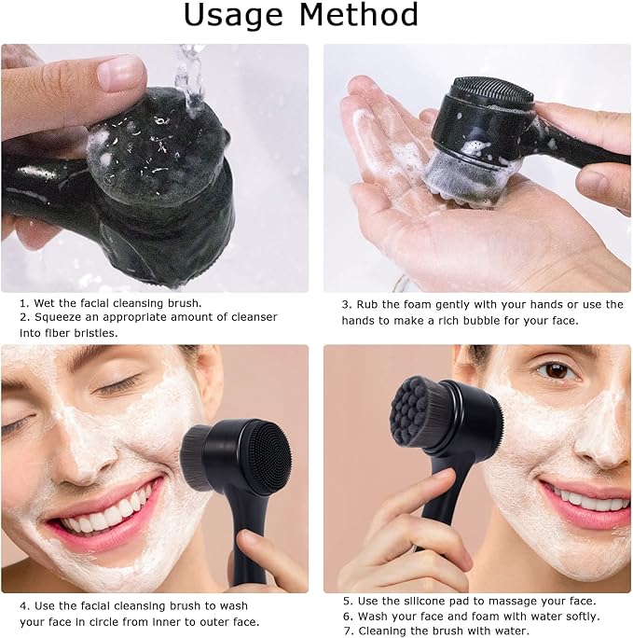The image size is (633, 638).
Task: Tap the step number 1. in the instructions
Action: click(x=24, y=303)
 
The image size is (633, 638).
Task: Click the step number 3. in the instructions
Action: click(x=347, y=305)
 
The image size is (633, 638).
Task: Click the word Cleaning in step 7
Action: click(x=382, y=631)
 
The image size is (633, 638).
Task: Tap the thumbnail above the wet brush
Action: click(x=122, y=73)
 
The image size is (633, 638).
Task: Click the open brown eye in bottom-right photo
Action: click(x=557, y=370)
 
